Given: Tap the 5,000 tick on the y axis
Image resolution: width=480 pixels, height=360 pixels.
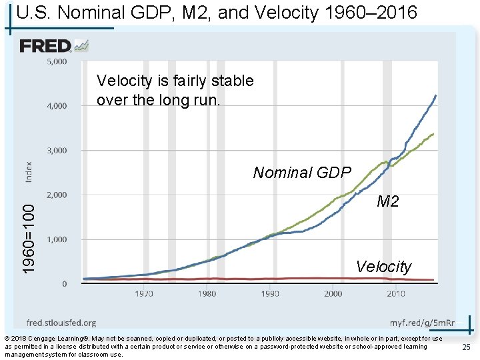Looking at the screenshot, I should click(x=57, y=61).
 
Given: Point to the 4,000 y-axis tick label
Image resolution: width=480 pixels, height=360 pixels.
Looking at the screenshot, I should click(x=57, y=105).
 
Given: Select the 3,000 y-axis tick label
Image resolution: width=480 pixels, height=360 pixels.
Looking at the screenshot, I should click(x=57, y=150).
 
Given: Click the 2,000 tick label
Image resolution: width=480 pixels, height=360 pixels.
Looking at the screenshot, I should click(x=57, y=195).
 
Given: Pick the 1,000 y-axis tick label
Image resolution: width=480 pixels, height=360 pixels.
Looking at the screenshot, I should click(x=57, y=239).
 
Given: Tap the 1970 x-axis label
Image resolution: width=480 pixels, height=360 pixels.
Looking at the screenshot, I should click(x=144, y=293).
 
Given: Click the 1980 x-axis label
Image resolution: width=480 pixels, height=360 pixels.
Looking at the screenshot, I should click(x=207, y=293).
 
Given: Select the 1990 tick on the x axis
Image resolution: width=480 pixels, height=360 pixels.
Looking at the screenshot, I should click(x=270, y=293).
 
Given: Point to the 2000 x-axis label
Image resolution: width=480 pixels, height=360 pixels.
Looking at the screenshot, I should click(x=333, y=293).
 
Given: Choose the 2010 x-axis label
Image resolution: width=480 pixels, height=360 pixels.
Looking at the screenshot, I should click(x=396, y=293).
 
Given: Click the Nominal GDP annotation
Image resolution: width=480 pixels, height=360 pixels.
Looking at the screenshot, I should click(x=302, y=173).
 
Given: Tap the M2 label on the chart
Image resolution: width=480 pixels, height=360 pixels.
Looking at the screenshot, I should click(x=388, y=201).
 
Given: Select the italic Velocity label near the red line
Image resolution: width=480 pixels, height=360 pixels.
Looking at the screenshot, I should click(x=384, y=267).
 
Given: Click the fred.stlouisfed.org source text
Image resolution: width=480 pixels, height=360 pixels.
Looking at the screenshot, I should click(x=61, y=323).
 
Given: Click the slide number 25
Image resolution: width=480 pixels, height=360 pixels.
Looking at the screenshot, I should click(x=465, y=347).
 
